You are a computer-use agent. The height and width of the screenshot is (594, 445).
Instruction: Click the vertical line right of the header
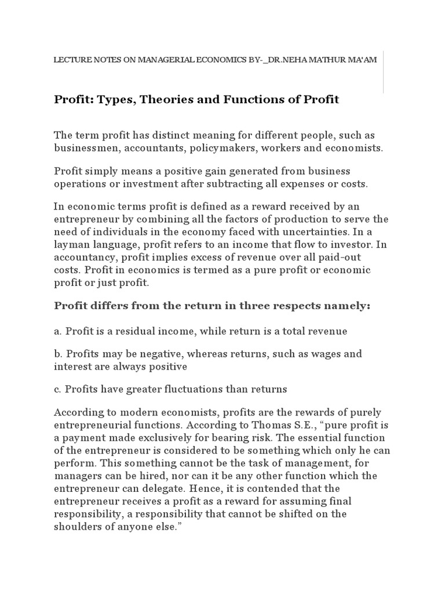click(x=383, y=72)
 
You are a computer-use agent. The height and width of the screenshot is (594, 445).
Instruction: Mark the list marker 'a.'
click(x=58, y=331)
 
